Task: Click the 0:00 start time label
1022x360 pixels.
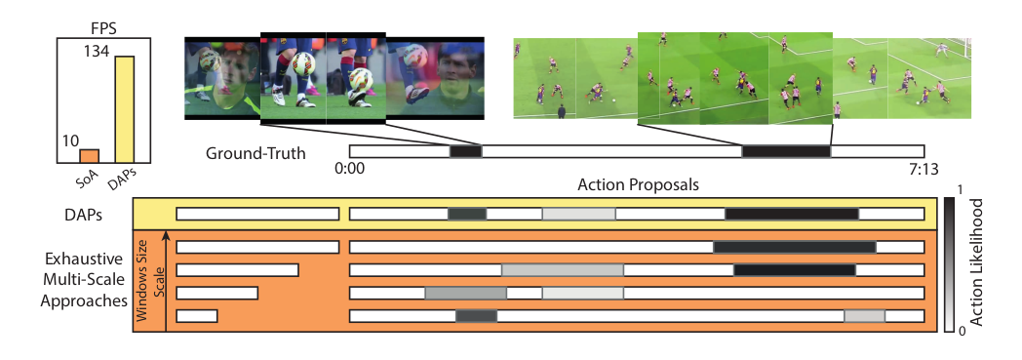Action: point(349,170)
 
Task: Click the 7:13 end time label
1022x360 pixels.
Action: point(923,170)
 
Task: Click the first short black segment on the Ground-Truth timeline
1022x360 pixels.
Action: point(465,151)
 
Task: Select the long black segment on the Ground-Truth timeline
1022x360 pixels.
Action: point(786,151)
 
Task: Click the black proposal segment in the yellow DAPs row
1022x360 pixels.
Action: point(792,214)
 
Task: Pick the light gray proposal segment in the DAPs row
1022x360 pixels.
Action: point(578,214)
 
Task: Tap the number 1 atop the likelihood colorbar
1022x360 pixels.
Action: point(962,187)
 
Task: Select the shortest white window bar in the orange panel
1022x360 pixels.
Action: point(196,315)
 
